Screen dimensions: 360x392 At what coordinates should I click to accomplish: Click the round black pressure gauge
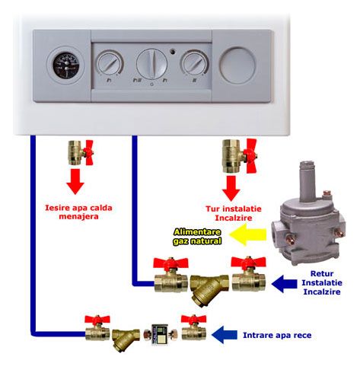pos(66,65)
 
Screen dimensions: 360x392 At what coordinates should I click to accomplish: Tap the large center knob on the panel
pos(151,64)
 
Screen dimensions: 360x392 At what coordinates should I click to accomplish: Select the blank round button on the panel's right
pos(237,65)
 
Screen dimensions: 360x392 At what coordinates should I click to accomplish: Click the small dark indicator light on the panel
pos(173,52)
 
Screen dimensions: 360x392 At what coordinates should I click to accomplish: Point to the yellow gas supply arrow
pos(248,234)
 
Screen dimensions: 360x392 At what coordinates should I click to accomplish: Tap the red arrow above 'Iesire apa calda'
pos(75,182)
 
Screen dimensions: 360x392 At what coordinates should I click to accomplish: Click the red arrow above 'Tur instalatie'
pos(231,189)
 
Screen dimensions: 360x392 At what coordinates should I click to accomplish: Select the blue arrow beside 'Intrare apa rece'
pos(225,335)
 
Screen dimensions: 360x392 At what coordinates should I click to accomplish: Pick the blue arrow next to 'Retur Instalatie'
pos(284,284)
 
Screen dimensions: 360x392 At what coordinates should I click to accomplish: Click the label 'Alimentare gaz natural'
pos(197,237)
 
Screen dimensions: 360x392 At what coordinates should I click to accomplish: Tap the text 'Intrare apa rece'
pos(277,335)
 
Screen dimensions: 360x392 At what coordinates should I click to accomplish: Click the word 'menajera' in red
pos(78,217)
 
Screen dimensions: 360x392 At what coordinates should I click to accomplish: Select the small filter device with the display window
pos(161,334)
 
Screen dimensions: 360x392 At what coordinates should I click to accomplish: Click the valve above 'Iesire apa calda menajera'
pos(81,152)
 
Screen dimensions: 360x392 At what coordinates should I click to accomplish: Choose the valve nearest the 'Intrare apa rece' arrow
pos(193,328)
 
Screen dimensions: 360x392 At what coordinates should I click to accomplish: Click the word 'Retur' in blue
pos(322,273)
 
